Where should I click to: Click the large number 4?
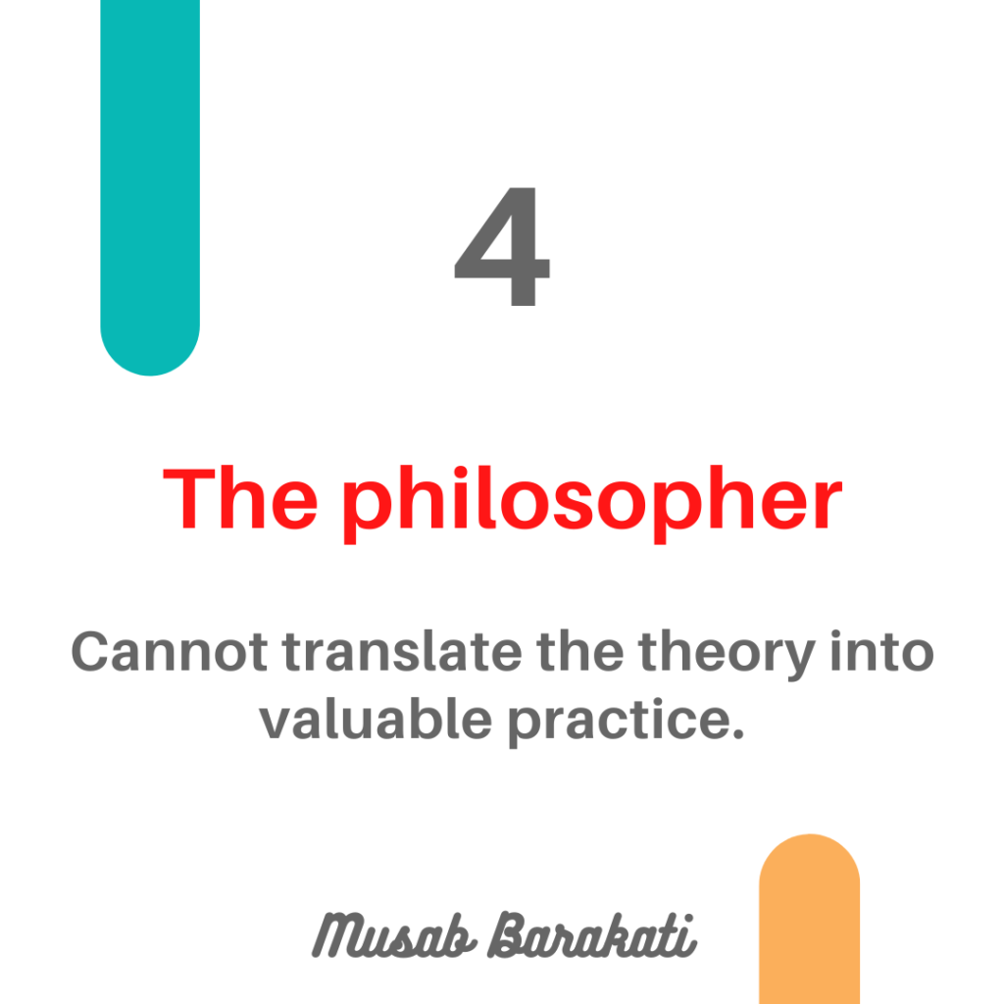(x=502, y=246)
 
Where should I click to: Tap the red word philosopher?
(x=591, y=504)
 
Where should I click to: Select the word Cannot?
(x=169, y=652)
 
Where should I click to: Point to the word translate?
(x=402, y=651)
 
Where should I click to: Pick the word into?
(x=881, y=651)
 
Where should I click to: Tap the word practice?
(x=620, y=723)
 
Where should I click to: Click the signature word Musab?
(x=393, y=935)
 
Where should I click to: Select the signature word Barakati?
(x=591, y=935)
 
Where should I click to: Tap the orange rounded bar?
(x=809, y=919)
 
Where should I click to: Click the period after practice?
(x=737, y=733)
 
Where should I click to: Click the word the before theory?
(x=580, y=651)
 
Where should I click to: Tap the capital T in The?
(x=189, y=499)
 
